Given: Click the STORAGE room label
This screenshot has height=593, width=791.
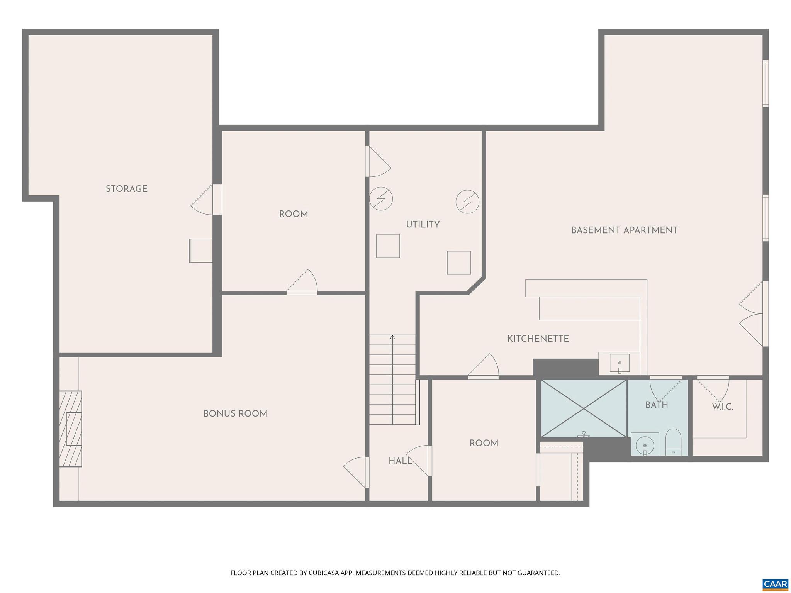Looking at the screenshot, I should point(127,189).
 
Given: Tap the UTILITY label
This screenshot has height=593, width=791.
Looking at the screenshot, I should point(423,224).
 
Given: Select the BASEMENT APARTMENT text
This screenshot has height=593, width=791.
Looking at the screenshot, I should point(624,230).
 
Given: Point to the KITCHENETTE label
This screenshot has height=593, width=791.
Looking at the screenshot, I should point(538,339).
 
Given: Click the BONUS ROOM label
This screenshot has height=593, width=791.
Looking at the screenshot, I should point(235,413).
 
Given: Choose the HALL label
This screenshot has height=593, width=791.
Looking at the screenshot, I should point(400,461).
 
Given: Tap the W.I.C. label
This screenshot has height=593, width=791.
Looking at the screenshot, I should point(722,407).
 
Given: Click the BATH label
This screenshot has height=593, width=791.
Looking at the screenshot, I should point(657,405).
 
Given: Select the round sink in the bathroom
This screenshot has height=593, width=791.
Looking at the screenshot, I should point(644,444).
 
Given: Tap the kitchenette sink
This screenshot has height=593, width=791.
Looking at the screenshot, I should point(620,363).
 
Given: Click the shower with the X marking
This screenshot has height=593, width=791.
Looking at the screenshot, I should point(583,408).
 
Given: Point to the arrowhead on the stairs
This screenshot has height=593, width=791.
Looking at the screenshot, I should point(392,337).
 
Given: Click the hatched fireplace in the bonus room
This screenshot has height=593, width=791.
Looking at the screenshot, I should point(71,429).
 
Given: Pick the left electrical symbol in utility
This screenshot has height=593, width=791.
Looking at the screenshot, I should point(381,199).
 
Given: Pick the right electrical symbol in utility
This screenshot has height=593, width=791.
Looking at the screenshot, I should point(467,202).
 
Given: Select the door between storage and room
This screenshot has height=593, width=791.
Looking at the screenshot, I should point(205,200).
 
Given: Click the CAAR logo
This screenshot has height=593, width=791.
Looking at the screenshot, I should point(775,584).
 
